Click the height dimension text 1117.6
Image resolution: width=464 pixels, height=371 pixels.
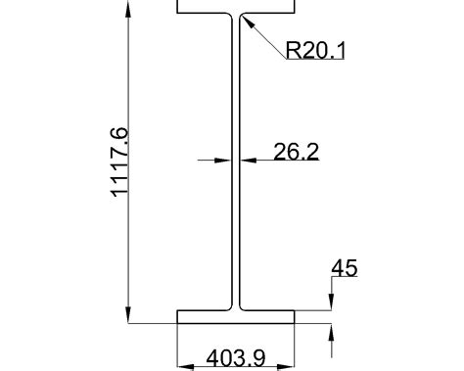click(119, 162)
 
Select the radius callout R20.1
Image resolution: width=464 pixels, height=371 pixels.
click(315, 51)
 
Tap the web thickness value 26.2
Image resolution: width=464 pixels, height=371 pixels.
click(296, 151)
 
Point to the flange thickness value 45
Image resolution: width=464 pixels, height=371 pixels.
click(345, 268)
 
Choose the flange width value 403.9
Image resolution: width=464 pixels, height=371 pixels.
click(236, 357)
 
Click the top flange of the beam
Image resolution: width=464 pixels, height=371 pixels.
click(236, 7)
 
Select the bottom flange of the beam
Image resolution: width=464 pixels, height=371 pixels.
click(236, 316)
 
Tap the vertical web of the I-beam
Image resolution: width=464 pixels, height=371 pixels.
click(236, 162)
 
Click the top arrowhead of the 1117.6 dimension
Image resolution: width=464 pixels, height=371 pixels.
click(128, 8)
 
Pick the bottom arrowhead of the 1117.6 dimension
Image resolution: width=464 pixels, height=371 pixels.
click(128, 315)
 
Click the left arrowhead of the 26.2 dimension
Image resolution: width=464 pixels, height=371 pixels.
click(226, 160)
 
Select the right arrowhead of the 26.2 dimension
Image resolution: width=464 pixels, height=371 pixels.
click(247, 160)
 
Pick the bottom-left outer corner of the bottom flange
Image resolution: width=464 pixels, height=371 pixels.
click(177, 322)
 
